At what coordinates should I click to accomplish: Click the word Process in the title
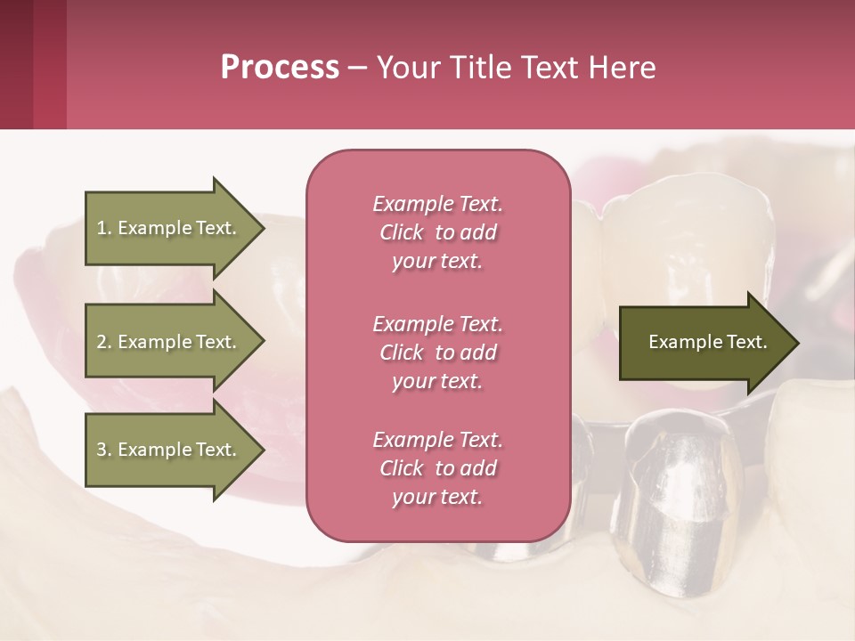point(280,68)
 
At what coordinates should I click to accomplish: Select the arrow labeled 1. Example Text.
point(169,228)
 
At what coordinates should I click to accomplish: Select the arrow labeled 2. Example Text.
point(169,342)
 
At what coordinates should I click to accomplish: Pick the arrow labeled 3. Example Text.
point(169,450)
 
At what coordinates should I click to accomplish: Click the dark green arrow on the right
point(704,343)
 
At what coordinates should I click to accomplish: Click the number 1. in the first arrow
point(104,228)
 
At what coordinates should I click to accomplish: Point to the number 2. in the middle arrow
point(104,342)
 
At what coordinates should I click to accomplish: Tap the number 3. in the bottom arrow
point(104,450)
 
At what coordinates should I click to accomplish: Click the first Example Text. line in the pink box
point(437,204)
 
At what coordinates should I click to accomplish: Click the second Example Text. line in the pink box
point(437,323)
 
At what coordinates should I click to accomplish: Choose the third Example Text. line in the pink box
point(437,440)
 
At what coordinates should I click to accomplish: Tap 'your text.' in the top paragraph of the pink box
point(437,262)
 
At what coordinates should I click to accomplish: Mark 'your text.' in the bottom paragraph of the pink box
point(437,498)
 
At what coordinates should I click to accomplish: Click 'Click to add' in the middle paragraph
point(437,353)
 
